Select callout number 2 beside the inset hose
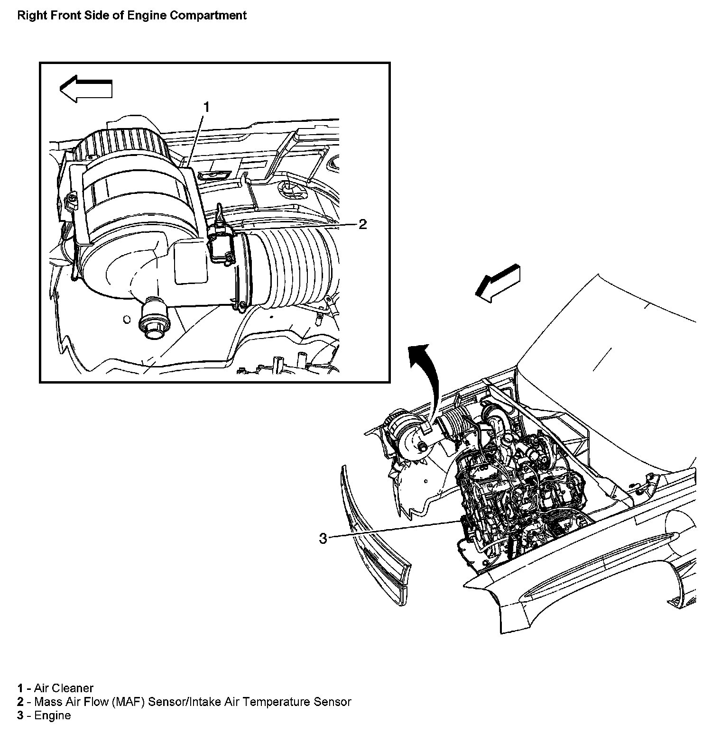(x=362, y=224)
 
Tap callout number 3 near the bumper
(x=323, y=539)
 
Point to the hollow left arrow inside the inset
(x=86, y=88)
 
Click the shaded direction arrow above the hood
(x=498, y=283)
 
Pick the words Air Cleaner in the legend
(x=64, y=688)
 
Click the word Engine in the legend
(x=53, y=715)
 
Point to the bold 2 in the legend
(x=20, y=702)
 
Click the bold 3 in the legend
(x=20, y=715)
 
